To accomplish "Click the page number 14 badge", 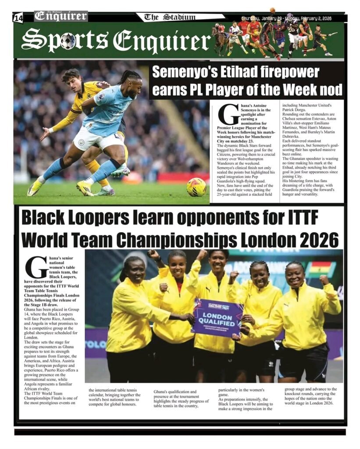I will [x=18, y=18].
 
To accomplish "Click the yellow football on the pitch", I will [x=196, y=187].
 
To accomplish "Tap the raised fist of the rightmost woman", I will [x=324, y=280].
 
